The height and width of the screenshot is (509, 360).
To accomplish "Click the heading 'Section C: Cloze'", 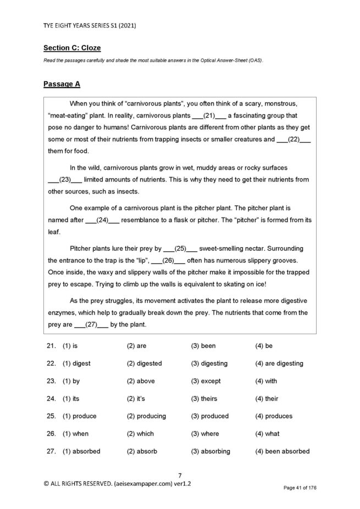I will [71, 48].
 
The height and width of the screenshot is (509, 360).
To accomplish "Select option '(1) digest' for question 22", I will [76, 363].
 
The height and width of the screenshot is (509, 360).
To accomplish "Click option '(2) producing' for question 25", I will [146, 416].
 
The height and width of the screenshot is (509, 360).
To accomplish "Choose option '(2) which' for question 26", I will [140, 434].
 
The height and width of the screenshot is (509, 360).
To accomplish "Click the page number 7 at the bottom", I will [180, 475].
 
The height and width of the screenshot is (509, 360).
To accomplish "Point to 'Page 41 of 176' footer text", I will [300, 488].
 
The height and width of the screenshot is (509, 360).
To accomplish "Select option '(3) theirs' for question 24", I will [204, 399].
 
